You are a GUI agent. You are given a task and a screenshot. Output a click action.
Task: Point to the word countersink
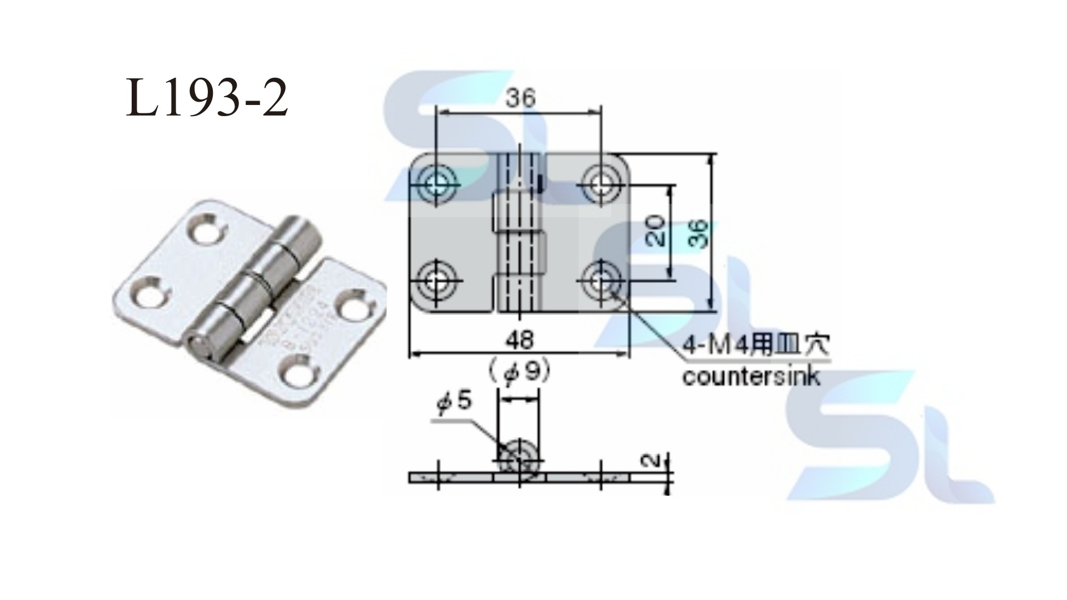tap(751, 377)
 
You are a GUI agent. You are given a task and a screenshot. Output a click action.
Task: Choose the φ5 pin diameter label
tap(455, 401)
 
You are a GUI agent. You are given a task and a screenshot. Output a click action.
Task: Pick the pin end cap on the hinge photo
tap(199, 346)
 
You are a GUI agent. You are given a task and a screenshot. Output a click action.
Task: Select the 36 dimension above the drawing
tap(520, 98)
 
